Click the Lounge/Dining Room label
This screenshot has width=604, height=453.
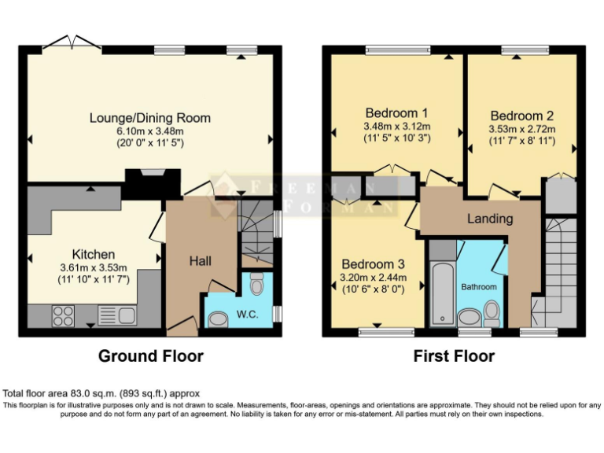coord(150,118)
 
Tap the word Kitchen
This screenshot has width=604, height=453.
coord(94,254)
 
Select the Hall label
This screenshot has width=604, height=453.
coord(201,260)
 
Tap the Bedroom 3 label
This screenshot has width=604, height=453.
coord(373,263)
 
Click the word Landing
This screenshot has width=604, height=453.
coord(490,218)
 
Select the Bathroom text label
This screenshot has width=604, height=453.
coord(479,287)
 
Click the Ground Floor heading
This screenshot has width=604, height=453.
coord(150,356)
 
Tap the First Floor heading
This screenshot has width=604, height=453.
coord(454,356)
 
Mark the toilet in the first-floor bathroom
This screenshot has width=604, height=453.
coord(492,314)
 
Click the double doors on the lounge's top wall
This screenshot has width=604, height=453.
coord(72,42)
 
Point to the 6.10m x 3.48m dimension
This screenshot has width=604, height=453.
coord(150,131)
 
